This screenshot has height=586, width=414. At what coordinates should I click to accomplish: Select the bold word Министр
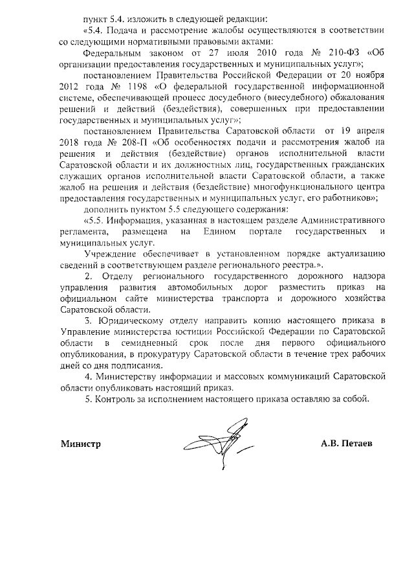tap(82, 445)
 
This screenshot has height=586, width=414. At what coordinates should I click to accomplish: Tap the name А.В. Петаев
tap(349, 445)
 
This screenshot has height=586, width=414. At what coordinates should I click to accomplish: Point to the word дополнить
tap(106, 209)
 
